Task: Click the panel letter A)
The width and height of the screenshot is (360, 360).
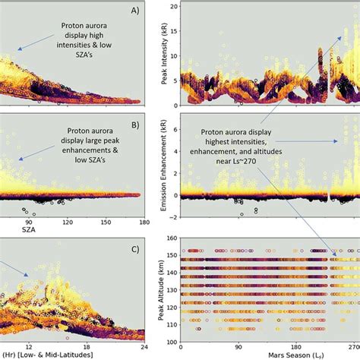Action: pos(135,11)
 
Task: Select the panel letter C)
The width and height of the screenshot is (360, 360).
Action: pos(134,248)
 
